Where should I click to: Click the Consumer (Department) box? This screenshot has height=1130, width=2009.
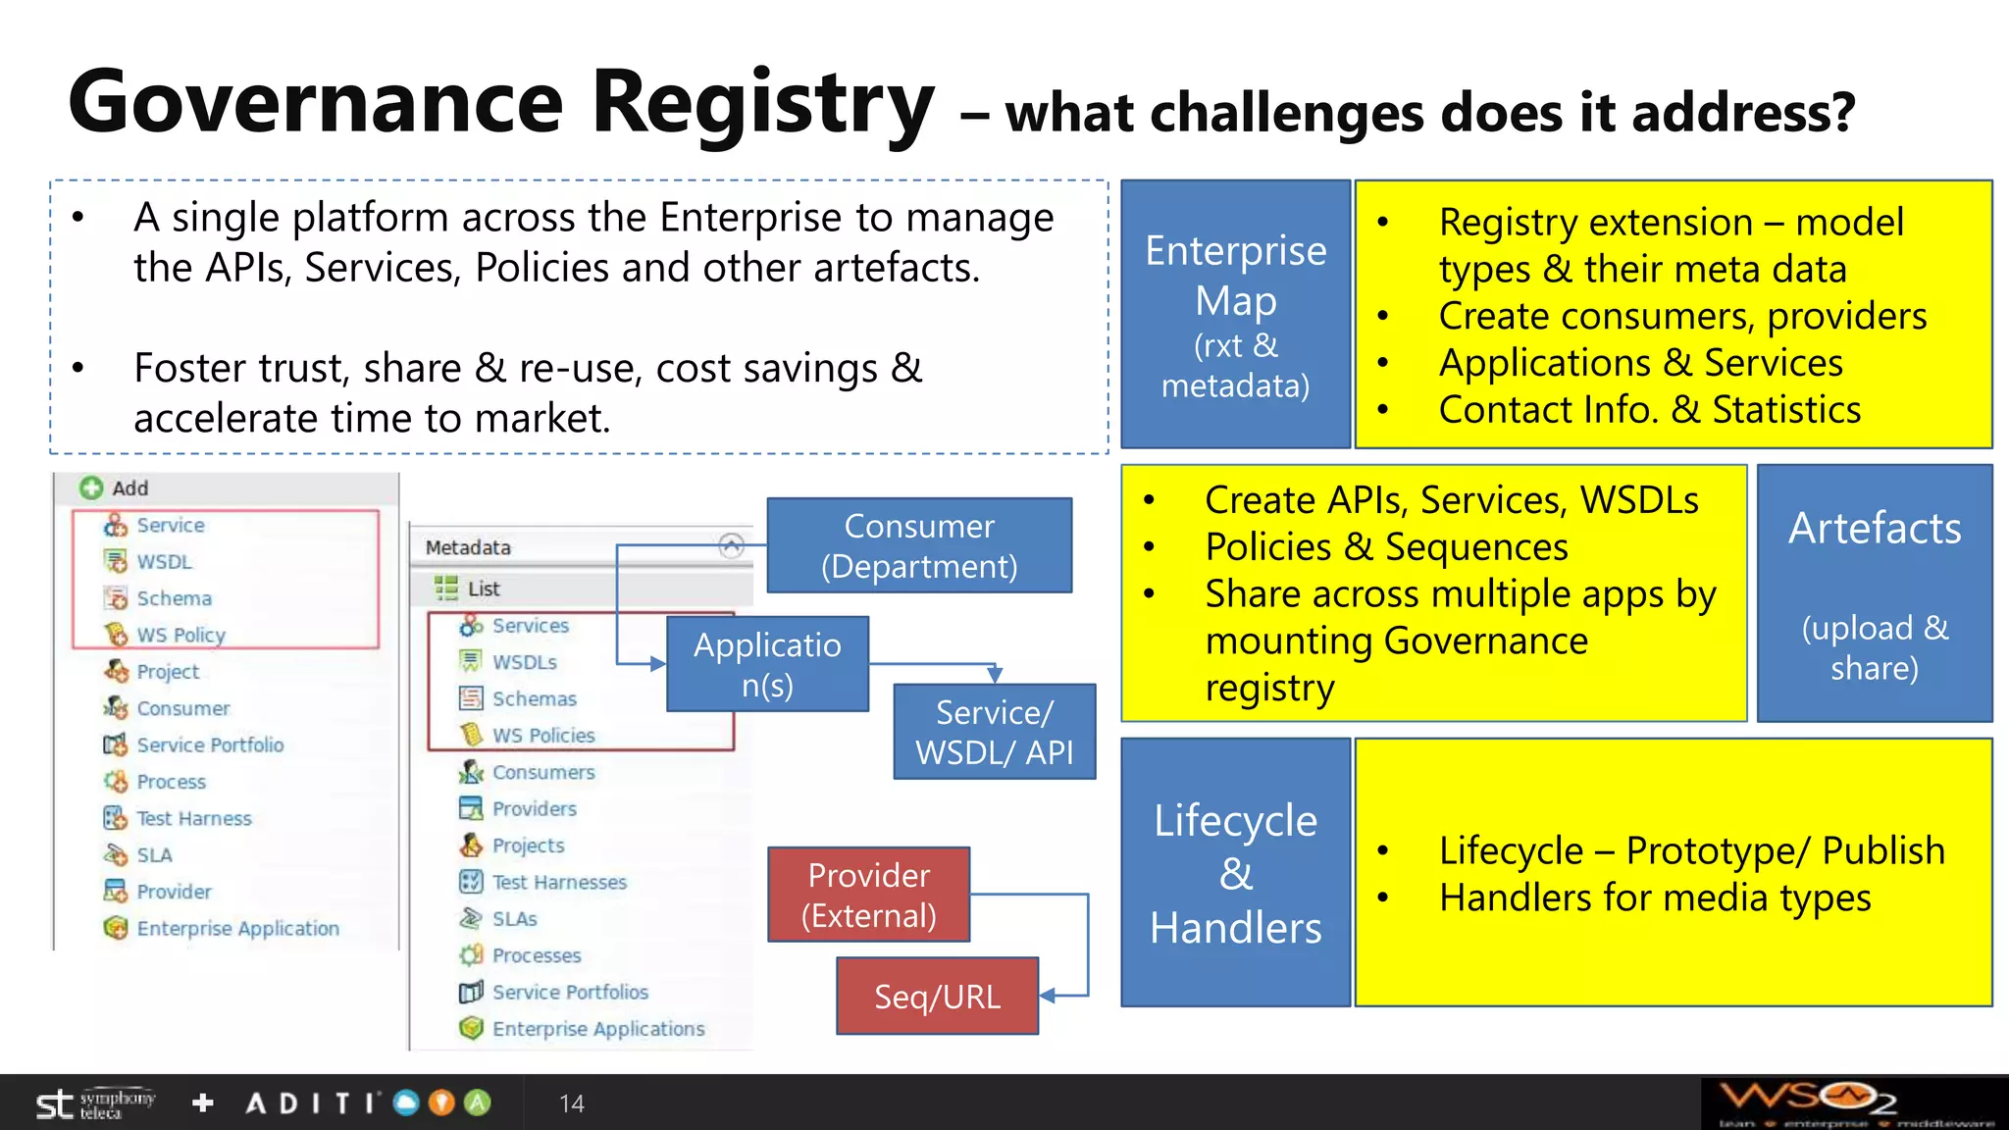tap(919, 545)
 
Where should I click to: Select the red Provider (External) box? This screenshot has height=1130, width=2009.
tap(868, 895)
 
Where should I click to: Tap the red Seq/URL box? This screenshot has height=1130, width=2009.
tap(937, 997)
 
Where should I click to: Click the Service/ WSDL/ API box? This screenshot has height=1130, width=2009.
tap(994, 732)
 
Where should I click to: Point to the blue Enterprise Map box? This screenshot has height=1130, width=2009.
tap(1235, 315)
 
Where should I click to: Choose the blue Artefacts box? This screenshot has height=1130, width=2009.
tap(1874, 593)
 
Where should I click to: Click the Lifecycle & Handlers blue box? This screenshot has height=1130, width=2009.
tap(1235, 872)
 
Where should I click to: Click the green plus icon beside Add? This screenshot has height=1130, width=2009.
tap(91, 488)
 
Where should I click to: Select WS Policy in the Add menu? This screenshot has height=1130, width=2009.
tap(180, 635)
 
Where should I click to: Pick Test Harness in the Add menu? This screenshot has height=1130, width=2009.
tap(193, 818)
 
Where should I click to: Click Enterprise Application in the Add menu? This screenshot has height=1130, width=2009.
tap(237, 928)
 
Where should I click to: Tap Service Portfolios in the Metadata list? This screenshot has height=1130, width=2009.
tap(569, 992)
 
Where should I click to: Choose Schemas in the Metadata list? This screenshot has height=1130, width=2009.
tap(534, 698)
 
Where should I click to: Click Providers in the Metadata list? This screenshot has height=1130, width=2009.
tap(534, 808)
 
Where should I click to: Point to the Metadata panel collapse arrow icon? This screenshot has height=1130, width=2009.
tap(731, 545)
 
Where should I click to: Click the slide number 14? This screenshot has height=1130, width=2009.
tap(571, 1104)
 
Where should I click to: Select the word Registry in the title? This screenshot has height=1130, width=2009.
tap(763, 103)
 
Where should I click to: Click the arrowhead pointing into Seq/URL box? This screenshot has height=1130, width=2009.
tap(1047, 996)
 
